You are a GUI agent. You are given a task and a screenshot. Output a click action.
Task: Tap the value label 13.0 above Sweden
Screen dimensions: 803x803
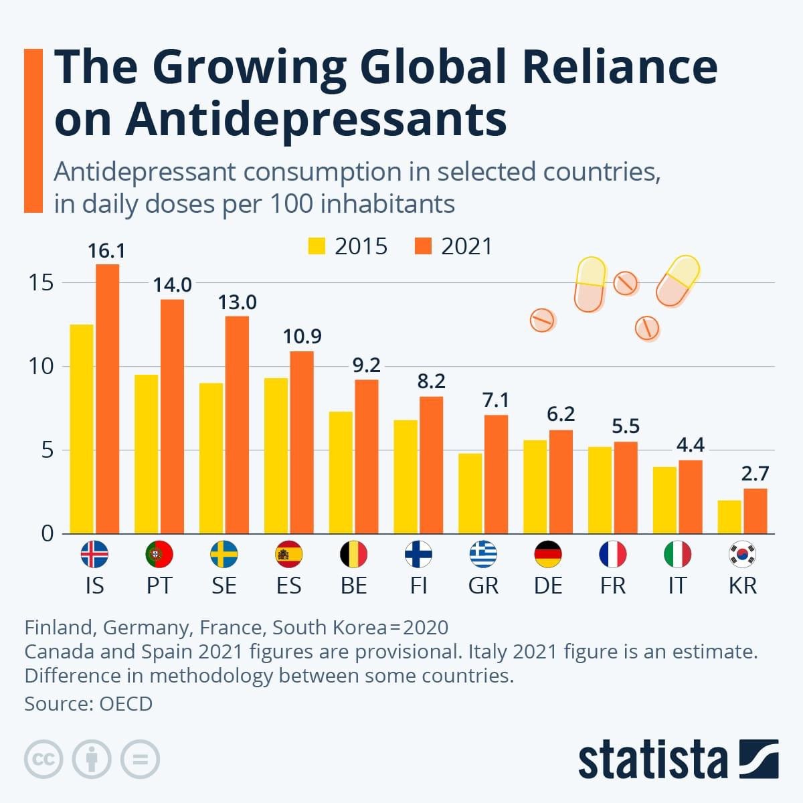tap(237, 302)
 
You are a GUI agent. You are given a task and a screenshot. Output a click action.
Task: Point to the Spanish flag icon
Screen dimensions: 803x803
tap(288, 554)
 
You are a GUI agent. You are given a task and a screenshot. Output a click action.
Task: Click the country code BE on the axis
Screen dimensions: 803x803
tap(353, 586)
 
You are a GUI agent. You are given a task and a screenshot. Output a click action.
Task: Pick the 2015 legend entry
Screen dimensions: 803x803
tap(348, 246)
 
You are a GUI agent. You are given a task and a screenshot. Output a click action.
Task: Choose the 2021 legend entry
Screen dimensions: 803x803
tap(454, 246)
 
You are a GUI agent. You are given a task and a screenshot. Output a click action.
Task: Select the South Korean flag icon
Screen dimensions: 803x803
tap(742, 554)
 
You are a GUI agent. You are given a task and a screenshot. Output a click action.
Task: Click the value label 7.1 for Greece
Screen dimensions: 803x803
tap(496, 400)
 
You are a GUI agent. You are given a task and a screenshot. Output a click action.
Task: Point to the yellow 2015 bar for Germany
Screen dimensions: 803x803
tap(535, 486)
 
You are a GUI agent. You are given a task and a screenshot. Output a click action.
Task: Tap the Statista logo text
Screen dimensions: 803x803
tap(652, 760)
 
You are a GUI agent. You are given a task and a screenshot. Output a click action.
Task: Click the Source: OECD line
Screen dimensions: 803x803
tap(88, 704)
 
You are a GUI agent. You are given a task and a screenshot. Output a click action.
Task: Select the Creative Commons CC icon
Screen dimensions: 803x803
tap(43, 760)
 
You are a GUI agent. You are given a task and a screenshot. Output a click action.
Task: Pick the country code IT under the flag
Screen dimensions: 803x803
tap(677, 586)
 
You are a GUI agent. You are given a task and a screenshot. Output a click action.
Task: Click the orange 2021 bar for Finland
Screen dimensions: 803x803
tap(431, 465)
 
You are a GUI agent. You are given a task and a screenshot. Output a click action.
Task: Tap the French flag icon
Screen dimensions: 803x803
tap(612, 554)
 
